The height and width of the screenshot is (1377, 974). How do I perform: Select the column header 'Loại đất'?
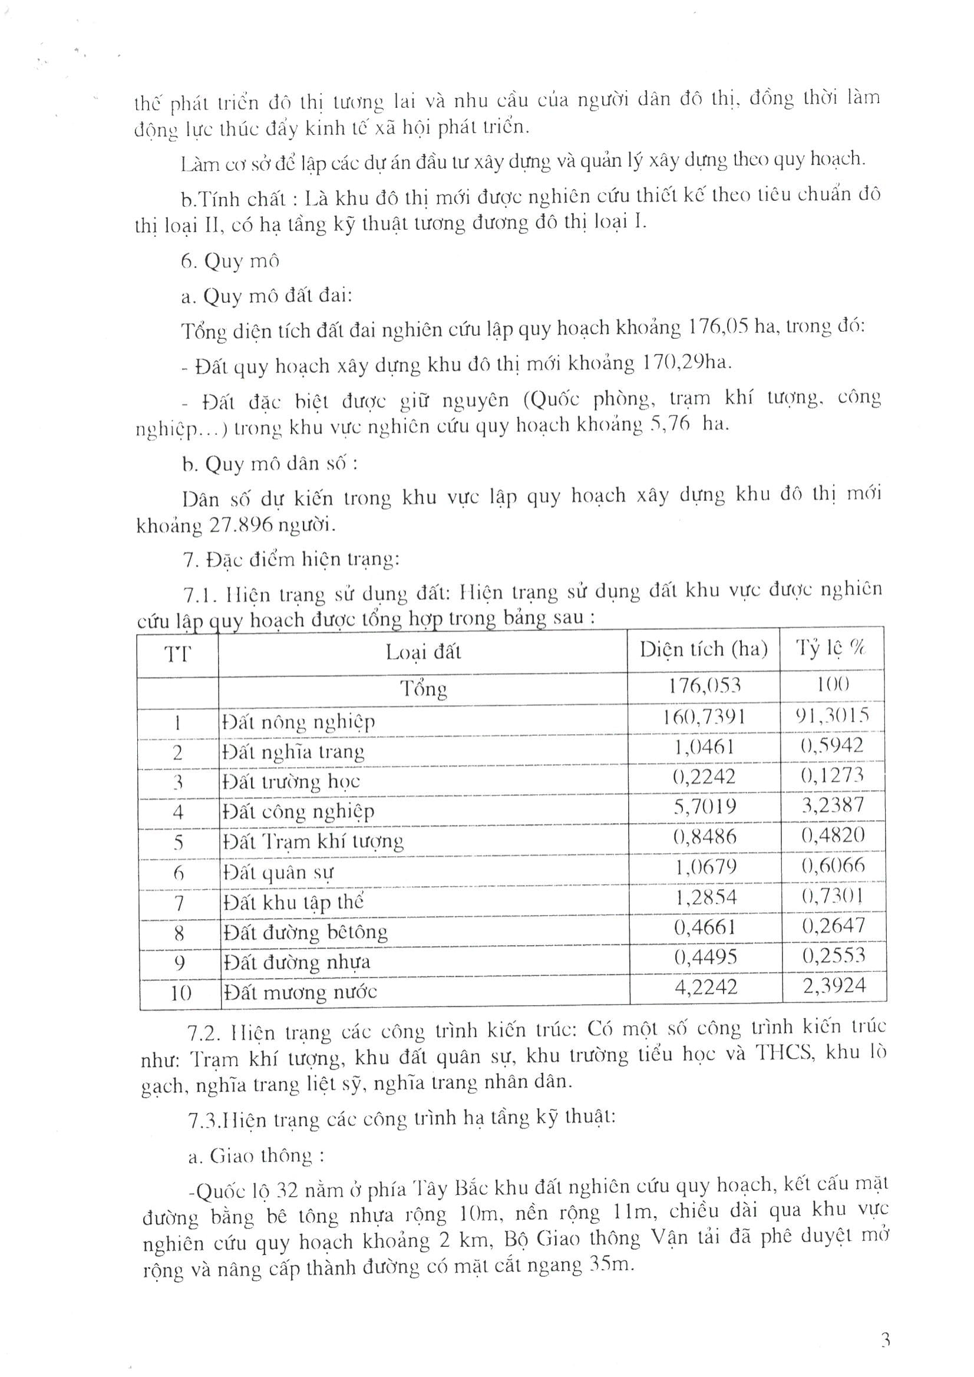[423, 652]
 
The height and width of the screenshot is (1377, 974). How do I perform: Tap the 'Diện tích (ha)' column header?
[704, 649]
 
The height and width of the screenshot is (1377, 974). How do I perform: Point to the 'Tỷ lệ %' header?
[831, 648]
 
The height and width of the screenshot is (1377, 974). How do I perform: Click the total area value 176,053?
[705, 685]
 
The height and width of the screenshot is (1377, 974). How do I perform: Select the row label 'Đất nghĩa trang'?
[293, 752]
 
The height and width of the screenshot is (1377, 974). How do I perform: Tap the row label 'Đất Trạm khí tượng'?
[312, 842]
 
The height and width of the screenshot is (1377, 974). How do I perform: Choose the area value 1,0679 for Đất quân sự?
[706, 867]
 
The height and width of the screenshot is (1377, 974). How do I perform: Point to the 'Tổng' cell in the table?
[424, 688]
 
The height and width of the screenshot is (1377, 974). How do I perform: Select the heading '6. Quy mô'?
[230, 262]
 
